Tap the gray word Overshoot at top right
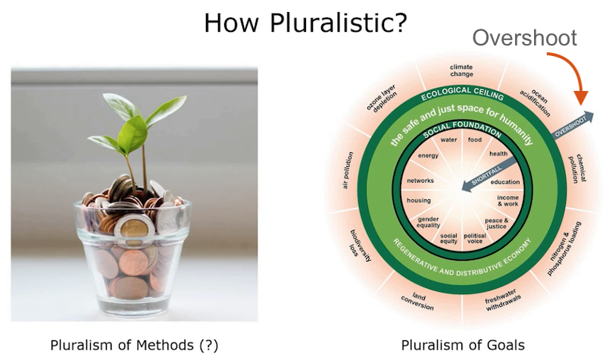[x=525, y=39]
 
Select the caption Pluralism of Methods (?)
[x=134, y=345]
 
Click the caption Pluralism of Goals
[x=462, y=345]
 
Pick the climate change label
[x=461, y=70]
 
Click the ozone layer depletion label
[x=381, y=97]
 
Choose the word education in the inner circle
[x=505, y=182]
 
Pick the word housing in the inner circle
[x=418, y=201]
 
